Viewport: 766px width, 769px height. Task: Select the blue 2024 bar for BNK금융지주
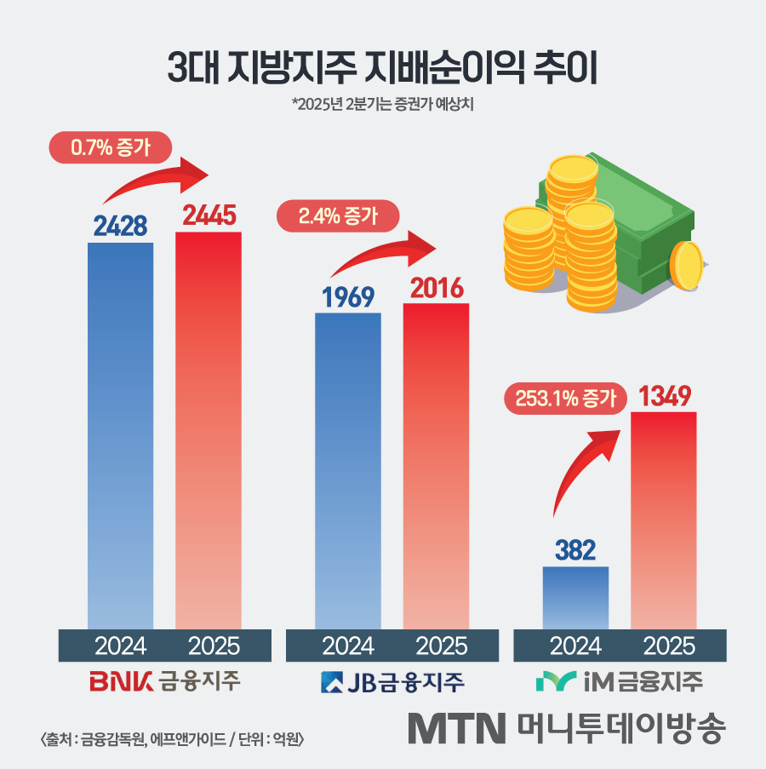(121, 434)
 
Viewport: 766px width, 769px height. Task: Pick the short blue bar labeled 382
(575, 598)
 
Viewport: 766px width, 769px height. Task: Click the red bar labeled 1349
(664, 519)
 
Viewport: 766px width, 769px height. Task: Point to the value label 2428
(120, 226)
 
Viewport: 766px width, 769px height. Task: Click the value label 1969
(347, 297)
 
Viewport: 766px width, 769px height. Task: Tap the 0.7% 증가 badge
(110, 147)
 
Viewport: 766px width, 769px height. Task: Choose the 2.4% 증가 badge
(338, 216)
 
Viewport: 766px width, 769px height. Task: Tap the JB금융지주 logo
(392, 682)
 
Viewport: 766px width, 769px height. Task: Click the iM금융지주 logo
(619, 682)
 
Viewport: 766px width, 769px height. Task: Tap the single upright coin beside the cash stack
(687, 267)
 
